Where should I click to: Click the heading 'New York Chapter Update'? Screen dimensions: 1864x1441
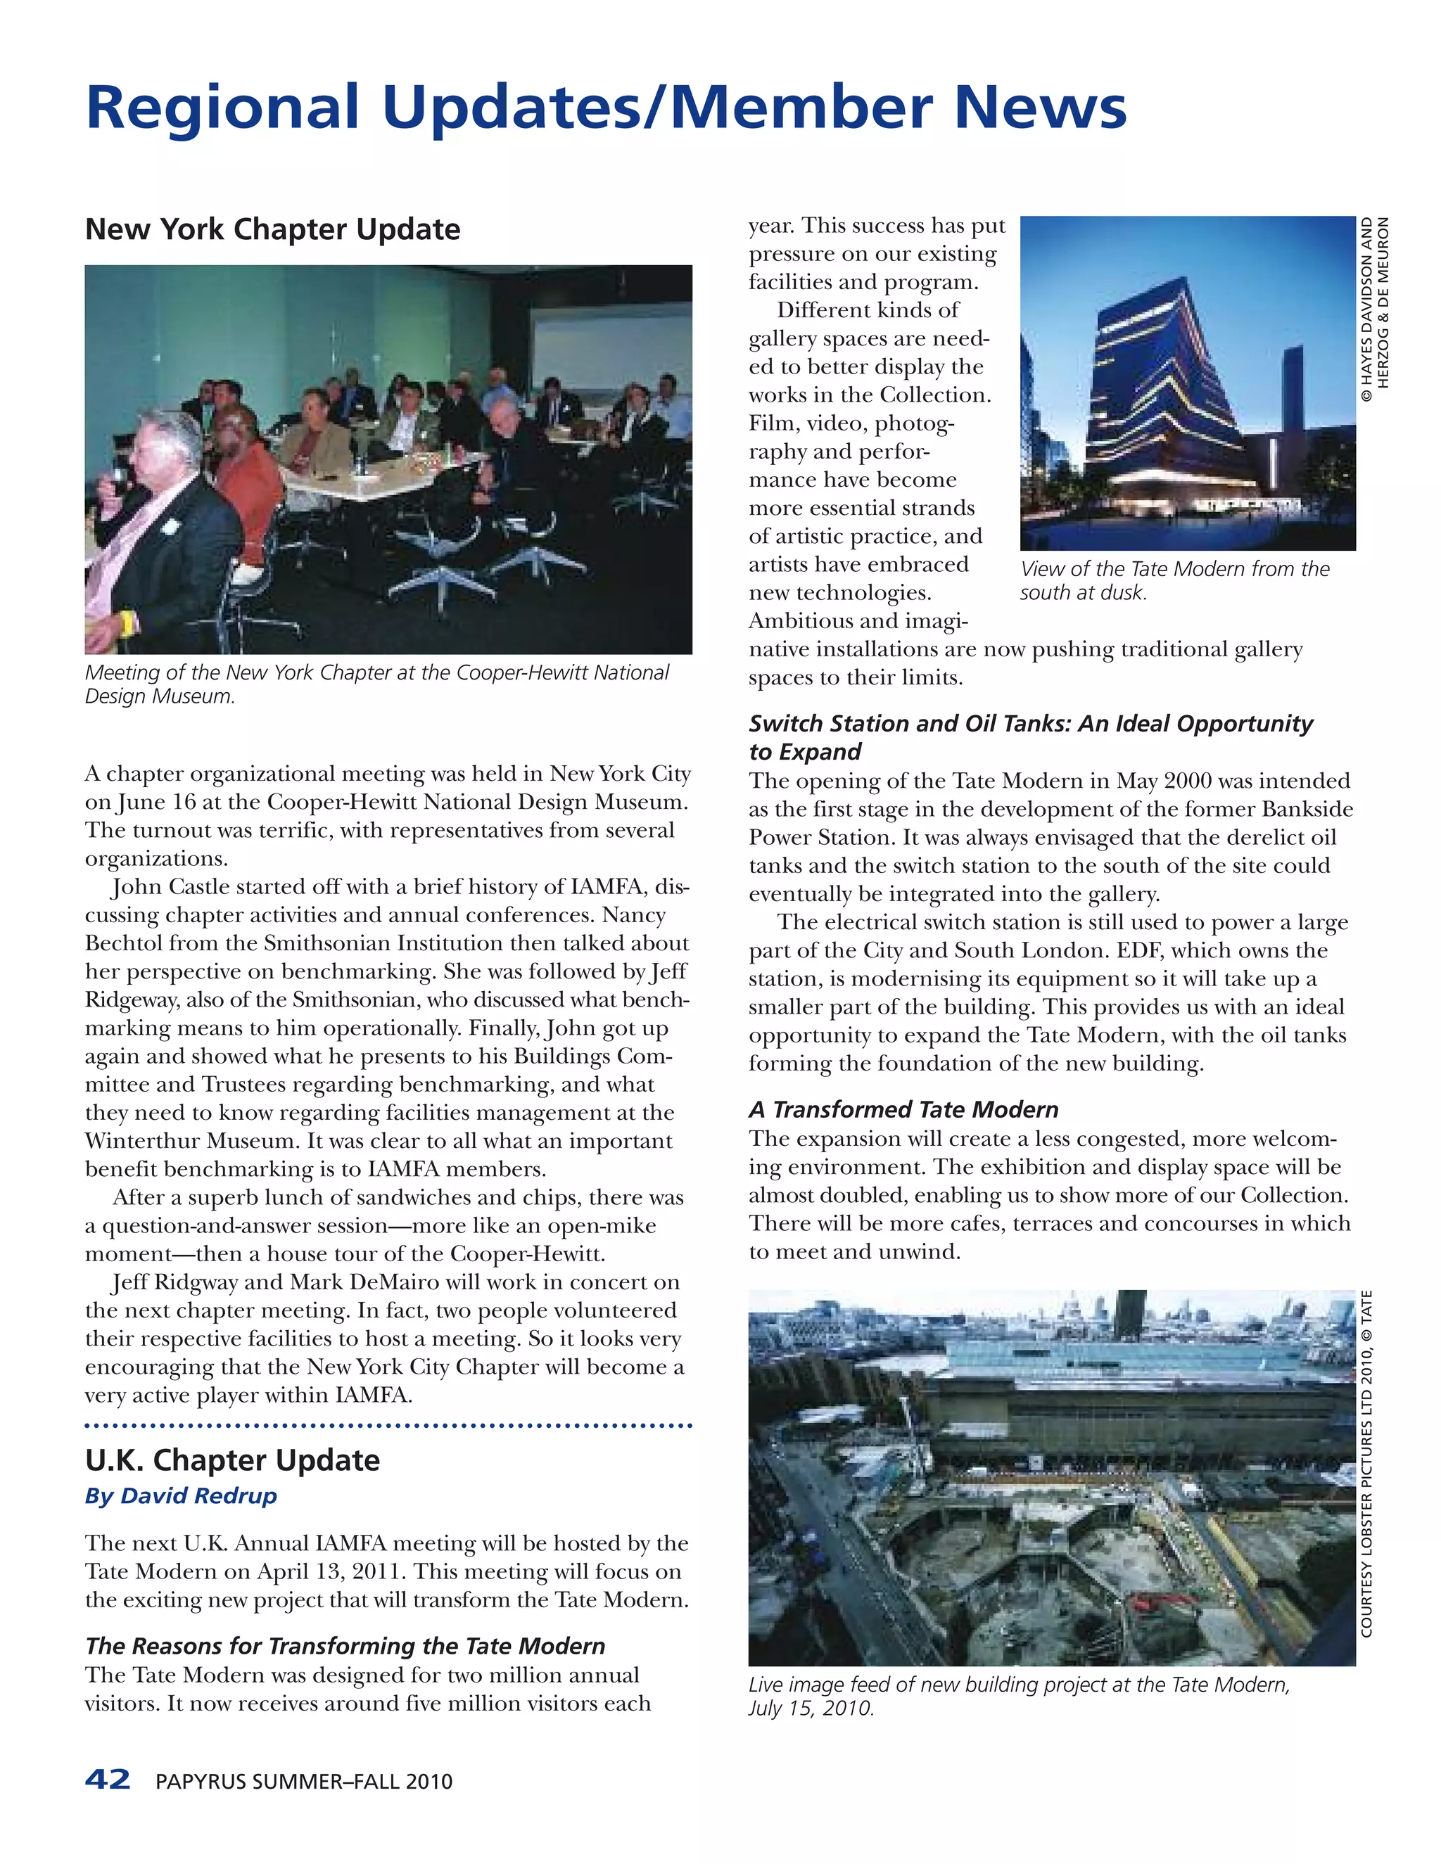tap(272, 229)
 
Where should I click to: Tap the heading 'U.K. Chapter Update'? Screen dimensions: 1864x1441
tap(232, 1460)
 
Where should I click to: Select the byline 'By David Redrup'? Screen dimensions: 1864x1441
tap(181, 1495)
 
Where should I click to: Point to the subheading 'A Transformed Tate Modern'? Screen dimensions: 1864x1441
tap(903, 1109)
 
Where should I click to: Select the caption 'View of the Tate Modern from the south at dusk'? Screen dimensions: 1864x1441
tap(1174, 580)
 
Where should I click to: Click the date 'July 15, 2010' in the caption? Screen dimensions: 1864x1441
tap(809, 1708)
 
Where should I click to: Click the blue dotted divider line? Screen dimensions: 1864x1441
tap(388, 1425)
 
